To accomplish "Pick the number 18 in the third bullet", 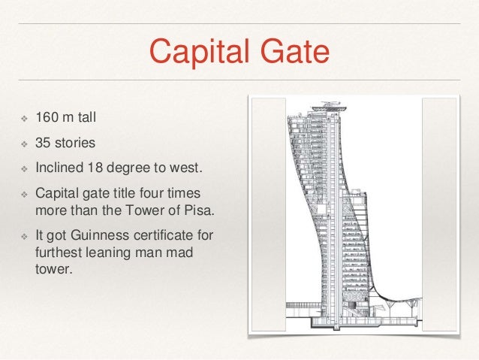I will [x=98, y=163].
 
